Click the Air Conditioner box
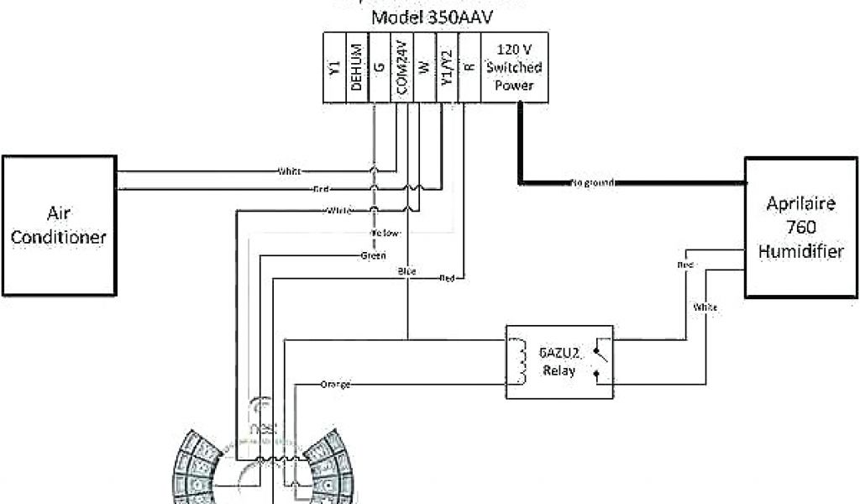(58, 224)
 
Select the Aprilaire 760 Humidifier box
(800, 227)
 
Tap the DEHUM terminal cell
(357, 68)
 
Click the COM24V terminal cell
(401, 68)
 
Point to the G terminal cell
(380, 68)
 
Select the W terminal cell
(424, 68)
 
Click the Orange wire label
(335, 384)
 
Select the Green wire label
(373, 255)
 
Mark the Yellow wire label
(385, 233)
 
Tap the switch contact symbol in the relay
(597, 361)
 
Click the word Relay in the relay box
(558, 370)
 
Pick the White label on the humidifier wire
(705, 307)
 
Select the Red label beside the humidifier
(684, 265)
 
